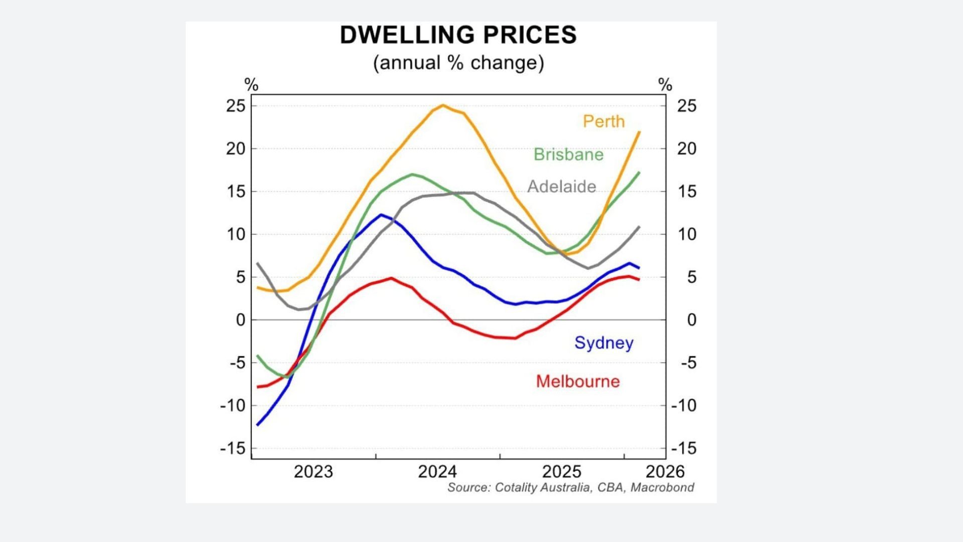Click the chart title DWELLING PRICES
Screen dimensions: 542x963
[x=458, y=35]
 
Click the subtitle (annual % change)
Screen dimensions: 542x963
[x=458, y=63]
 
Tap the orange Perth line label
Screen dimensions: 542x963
[x=603, y=121]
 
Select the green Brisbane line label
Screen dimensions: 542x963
[x=568, y=155]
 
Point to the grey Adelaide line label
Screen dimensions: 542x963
[x=561, y=187]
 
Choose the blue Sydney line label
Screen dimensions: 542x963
[x=604, y=343]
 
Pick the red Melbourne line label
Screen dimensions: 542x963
[x=578, y=381]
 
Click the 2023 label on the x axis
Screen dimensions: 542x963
[x=313, y=472]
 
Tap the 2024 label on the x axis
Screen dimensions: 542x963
[x=437, y=472]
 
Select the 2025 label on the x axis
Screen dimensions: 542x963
[x=562, y=472]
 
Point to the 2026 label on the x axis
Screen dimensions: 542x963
[x=665, y=472]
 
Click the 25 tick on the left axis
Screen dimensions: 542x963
[x=236, y=106]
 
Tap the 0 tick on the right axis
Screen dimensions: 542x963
[x=691, y=320]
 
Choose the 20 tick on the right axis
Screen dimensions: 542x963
[x=687, y=149]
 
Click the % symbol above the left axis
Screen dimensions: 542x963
[x=251, y=85]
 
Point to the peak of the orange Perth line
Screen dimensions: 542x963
[x=443, y=105]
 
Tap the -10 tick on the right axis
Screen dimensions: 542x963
[x=684, y=405]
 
